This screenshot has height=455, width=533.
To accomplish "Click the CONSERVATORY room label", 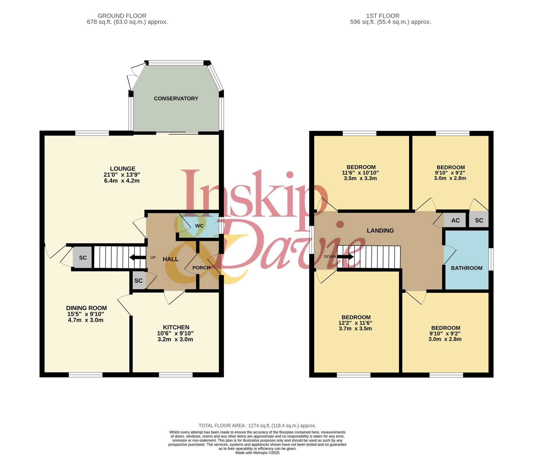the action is [x=176, y=99].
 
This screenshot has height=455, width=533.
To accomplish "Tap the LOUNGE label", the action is [x=123, y=169].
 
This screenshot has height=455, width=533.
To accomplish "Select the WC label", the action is [x=199, y=226].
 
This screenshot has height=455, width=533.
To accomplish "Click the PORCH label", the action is [x=201, y=268].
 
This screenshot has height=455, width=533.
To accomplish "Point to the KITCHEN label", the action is [x=176, y=327].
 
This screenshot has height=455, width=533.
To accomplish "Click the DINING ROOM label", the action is [x=86, y=308].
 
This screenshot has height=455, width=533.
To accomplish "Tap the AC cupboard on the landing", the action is [x=455, y=221].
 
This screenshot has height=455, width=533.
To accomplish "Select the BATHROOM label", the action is [x=466, y=268].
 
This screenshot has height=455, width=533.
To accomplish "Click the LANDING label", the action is [x=380, y=230].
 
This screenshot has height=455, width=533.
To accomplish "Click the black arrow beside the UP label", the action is [x=138, y=257].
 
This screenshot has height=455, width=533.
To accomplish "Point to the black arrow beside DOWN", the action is [x=345, y=257].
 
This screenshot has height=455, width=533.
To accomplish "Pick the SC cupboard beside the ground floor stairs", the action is [x=83, y=257].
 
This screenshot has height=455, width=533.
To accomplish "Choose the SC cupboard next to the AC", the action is [x=479, y=221].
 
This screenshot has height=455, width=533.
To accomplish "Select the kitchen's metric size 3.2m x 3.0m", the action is [x=175, y=339].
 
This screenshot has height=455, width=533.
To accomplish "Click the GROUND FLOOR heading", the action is [x=122, y=16].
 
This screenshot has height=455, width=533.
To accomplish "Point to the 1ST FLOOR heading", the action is [x=382, y=16].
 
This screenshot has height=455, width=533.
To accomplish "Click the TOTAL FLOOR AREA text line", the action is [x=257, y=425].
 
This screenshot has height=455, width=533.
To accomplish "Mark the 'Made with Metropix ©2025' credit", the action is [x=257, y=453].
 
